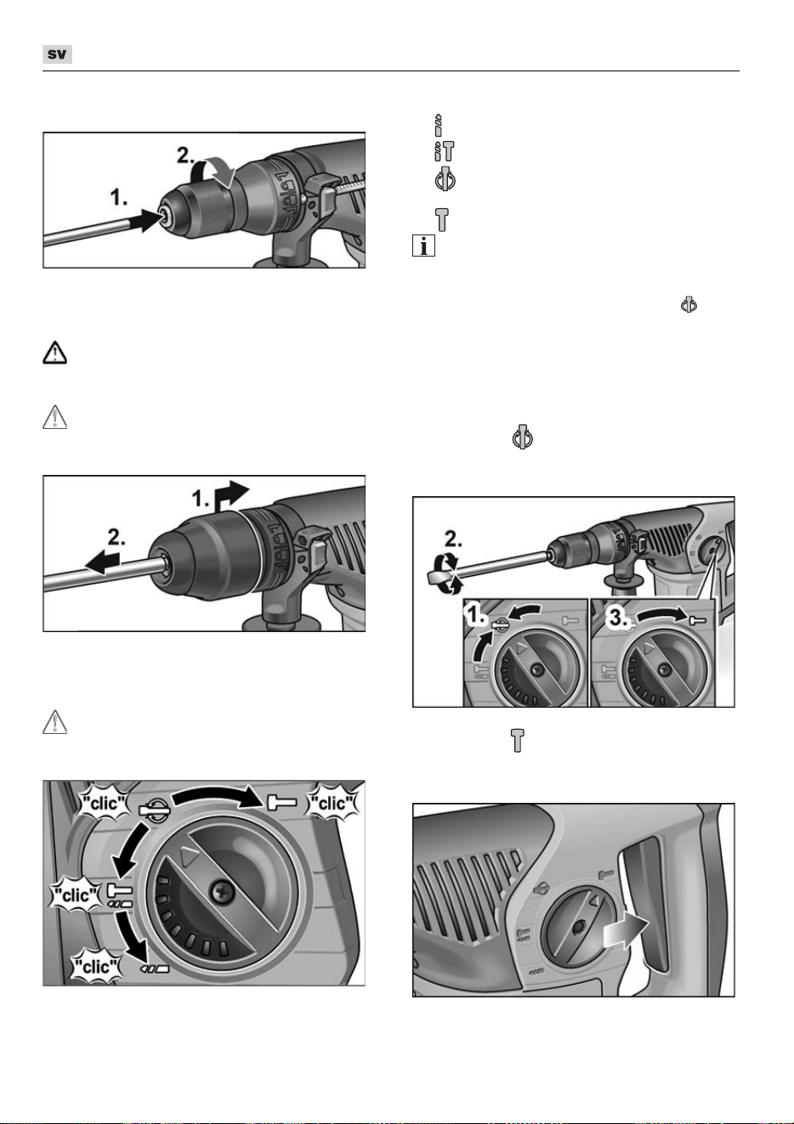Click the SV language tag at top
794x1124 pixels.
click(x=57, y=54)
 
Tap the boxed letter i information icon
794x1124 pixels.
click(x=423, y=246)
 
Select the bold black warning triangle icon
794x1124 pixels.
click(x=54, y=353)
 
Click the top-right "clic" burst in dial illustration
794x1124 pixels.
click(x=333, y=803)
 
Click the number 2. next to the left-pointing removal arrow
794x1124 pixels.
click(x=116, y=538)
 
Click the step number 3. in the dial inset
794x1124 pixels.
click(x=618, y=618)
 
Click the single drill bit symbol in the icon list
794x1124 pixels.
click(x=439, y=125)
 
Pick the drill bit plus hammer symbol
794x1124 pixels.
click(x=444, y=151)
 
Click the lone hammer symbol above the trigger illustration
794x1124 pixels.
click(x=517, y=741)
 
